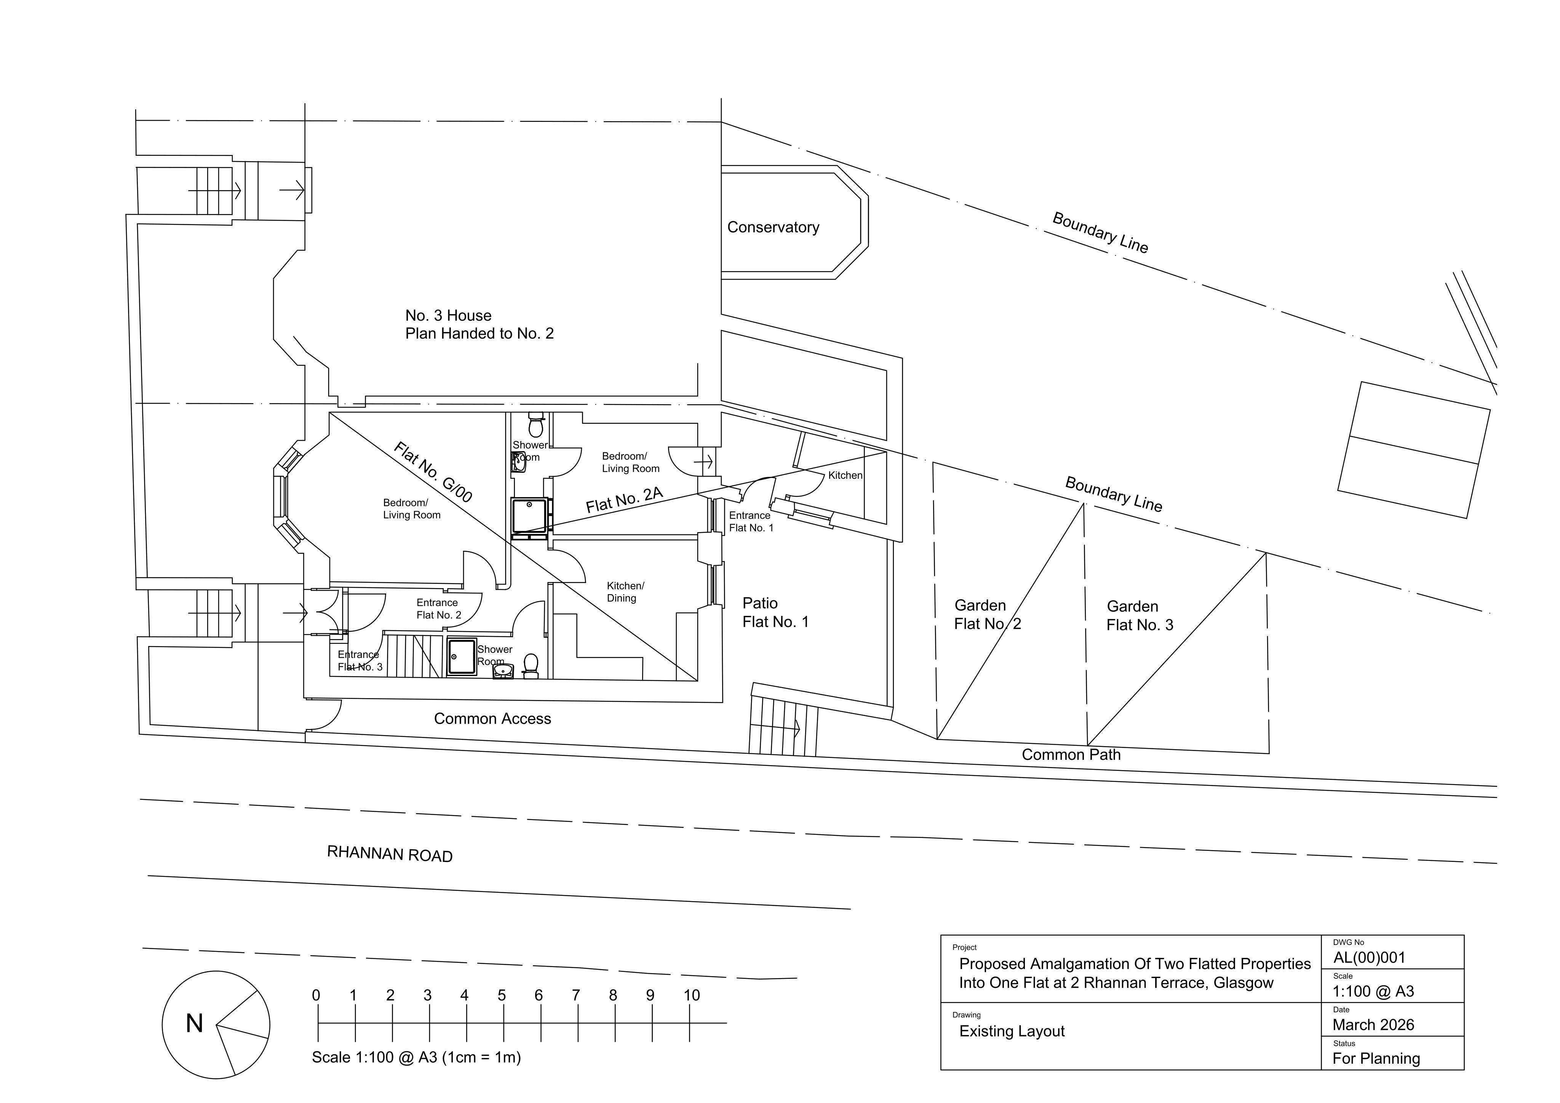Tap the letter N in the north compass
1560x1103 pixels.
194,1023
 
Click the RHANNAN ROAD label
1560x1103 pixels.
390,854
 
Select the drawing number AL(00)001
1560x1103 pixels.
1369,958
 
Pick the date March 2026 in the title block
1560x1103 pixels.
1373,1025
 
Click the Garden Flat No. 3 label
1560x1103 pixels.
1140,616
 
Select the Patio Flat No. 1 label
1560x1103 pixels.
775,612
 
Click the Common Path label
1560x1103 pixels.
1071,755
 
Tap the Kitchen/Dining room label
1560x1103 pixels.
625,592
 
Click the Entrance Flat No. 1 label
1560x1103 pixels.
751,521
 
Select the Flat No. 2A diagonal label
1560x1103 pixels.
624,499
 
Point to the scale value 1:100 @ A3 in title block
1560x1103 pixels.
1373,991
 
